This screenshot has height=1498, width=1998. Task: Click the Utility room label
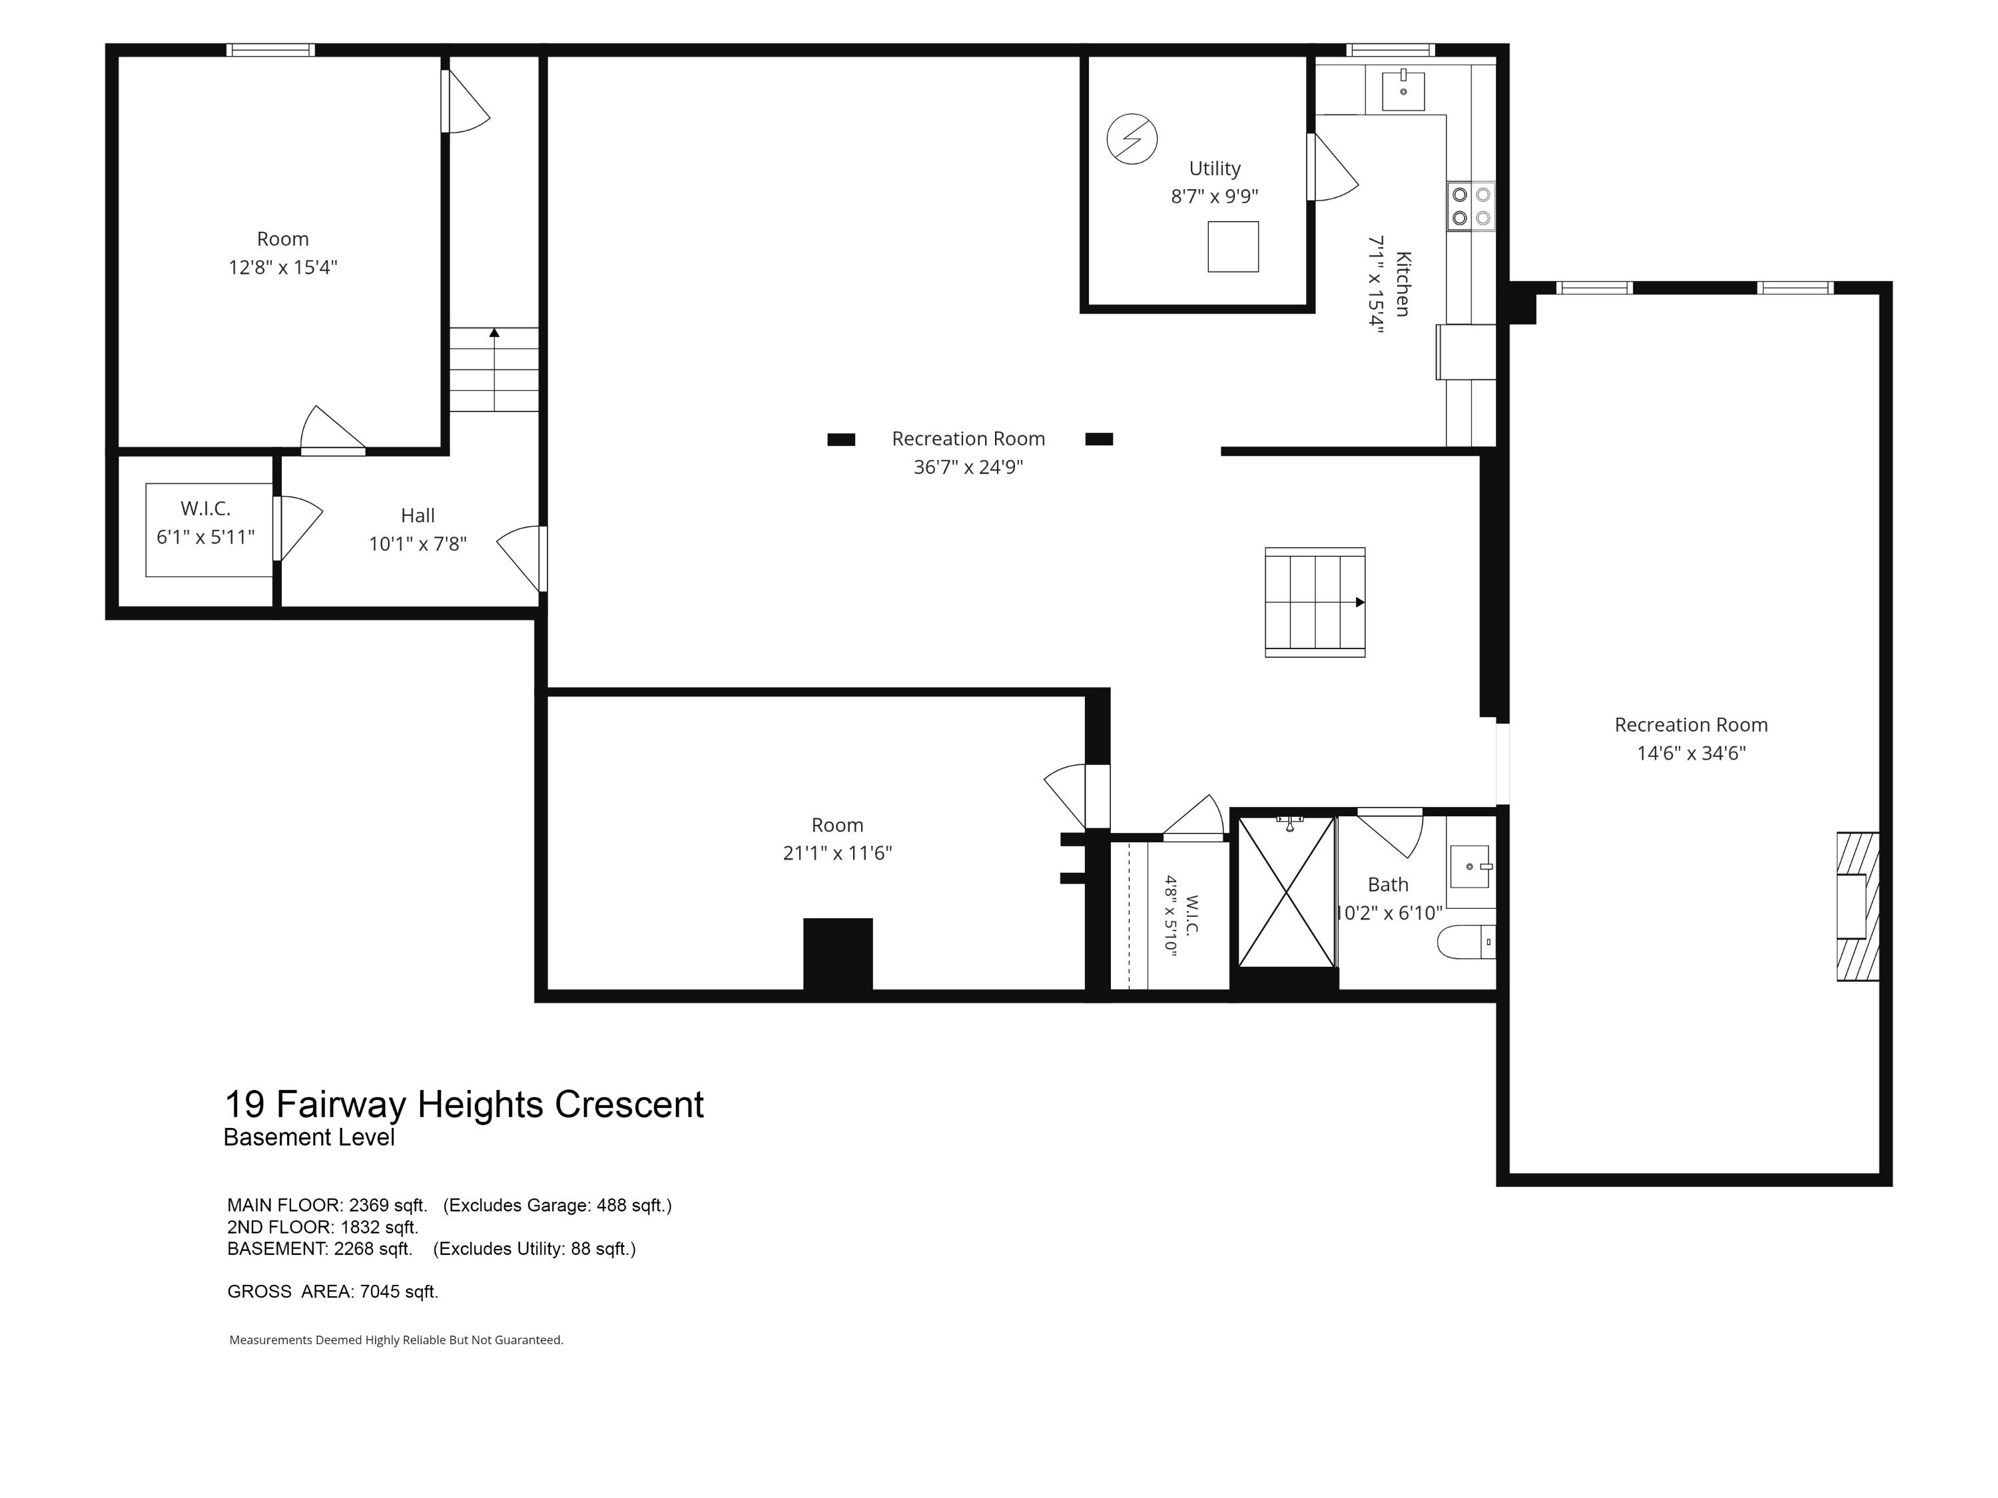pos(1214,169)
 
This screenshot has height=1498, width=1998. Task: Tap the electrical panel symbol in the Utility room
pos(1132,139)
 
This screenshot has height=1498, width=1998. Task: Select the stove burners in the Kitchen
pos(1471,206)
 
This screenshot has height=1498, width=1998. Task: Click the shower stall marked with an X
pos(1286,892)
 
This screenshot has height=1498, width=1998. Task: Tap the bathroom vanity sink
pos(1471,867)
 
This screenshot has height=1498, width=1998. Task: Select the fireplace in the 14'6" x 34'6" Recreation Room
pos(1858,907)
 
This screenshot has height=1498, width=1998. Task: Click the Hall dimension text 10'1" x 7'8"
pos(418,543)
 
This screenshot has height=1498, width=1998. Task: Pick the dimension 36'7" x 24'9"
pos(968,467)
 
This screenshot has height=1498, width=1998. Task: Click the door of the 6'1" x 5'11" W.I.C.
pos(299,528)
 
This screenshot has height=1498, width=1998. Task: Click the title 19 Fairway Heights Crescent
pos(464,1105)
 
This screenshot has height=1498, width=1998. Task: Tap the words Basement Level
pos(309,1138)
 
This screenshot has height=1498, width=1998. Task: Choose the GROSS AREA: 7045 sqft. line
pos(332,1292)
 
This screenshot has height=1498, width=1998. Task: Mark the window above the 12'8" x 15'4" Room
pos(270,50)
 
